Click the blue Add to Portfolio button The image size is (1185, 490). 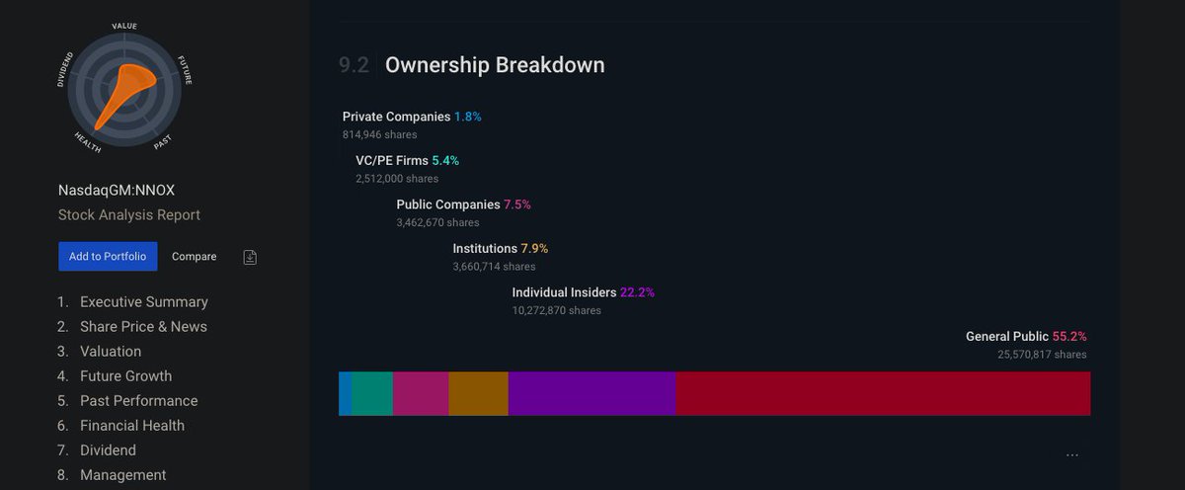(x=108, y=257)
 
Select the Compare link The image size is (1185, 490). (x=194, y=257)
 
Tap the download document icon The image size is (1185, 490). (x=251, y=257)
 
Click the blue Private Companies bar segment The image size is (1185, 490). (x=345, y=393)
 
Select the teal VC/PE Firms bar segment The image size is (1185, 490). (x=372, y=393)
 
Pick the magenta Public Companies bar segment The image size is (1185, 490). (x=421, y=393)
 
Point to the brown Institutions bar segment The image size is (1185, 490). (x=478, y=393)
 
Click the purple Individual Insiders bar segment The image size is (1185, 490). (x=592, y=393)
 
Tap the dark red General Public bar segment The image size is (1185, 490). (x=883, y=393)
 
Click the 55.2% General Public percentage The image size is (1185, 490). (x=1069, y=337)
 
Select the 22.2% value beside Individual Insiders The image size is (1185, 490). (x=637, y=292)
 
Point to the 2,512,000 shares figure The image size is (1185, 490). (x=397, y=179)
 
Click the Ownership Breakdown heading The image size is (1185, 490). (x=495, y=65)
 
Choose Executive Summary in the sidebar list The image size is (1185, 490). (x=144, y=302)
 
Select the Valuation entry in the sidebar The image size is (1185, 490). (x=111, y=352)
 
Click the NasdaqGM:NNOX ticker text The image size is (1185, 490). (x=117, y=190)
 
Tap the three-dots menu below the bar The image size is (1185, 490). (x=1072, y=455)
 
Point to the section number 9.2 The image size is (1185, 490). (x=354, y=65)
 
